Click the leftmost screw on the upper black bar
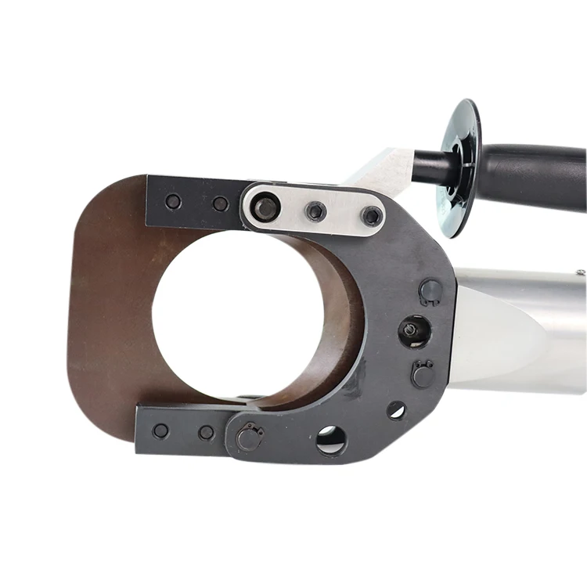coord(173,201)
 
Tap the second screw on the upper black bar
coord(221,203)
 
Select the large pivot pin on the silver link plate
coord(267,207)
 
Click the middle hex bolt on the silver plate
coord(316,211)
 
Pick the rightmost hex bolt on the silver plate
coord(372,216)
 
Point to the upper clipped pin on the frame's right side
coord(430,292)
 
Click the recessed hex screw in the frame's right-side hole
coord(411,330)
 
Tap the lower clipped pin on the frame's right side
coord(423,374)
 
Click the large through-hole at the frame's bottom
coord(331,439)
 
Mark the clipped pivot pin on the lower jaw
coord(249,437)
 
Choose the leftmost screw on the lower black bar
coord(160,430)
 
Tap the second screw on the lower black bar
coord(206,433)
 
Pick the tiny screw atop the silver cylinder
coord(581,272)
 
